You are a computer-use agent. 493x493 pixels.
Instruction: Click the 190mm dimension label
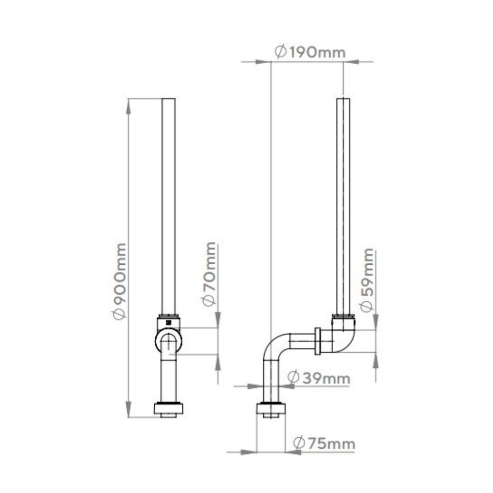pyautogui.click(x=310, y=52)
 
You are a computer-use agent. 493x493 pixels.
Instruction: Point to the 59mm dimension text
pyautogui.click(x=367, y=280)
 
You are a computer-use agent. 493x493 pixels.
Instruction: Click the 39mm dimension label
pyautogui.click(x=318, y=378)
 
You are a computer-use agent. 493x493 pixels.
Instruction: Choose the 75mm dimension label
pyautogui.click(x=324, y=443)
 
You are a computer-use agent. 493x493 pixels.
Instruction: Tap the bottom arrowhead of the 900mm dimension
pyautogui.click(x=128, y=409)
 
